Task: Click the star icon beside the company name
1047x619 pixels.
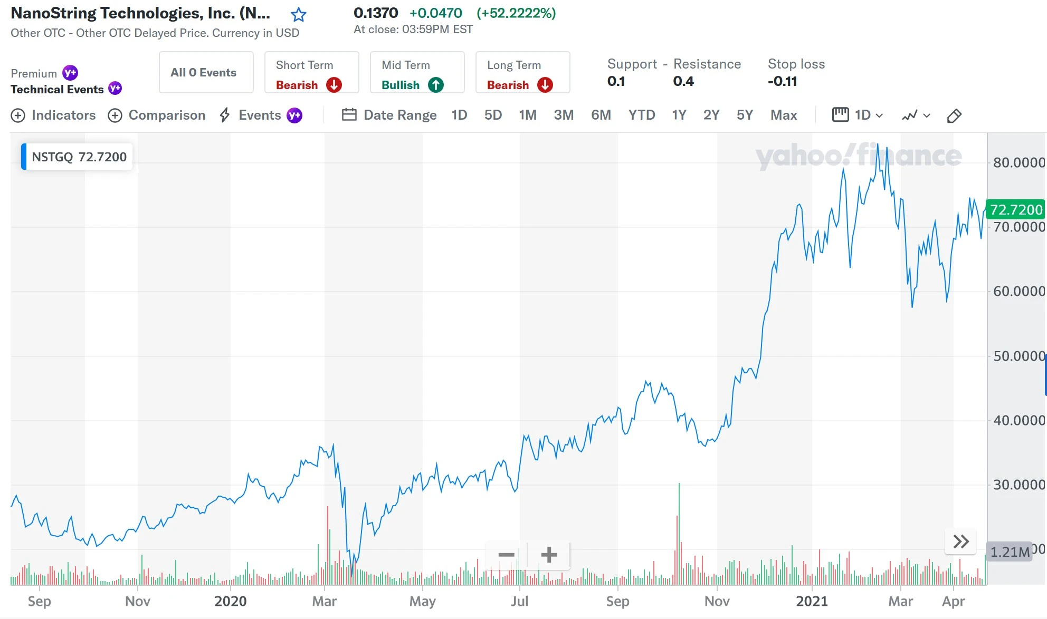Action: [x=299, y=14]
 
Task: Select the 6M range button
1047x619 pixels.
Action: [x=601, y=115]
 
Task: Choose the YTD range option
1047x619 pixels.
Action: [x=641, y=115]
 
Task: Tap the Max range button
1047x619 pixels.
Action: [x=783, y=115]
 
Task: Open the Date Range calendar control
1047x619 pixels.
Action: [x=389, y=115]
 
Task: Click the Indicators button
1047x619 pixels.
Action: [x=53, y=115]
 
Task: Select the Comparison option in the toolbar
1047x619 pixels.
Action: [x=157, y=115]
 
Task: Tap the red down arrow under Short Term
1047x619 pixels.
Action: [x=334, y=85]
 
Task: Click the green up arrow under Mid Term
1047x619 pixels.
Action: [x=436, y=85]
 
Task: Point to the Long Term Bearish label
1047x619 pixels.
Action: [x=508, y=85]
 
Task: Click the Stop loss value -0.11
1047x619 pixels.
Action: [x=782, y=81]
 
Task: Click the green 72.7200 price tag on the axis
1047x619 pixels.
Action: [x=1015, y=210]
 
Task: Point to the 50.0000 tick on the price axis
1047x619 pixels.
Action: [x=1018, y=356]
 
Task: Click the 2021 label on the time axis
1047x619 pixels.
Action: [x=812, y=601]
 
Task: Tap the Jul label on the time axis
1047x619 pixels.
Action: [x=519, y=601]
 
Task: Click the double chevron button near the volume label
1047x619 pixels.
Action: [x=960, y=541]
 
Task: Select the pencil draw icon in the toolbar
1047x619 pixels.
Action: [x=954, y=115]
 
